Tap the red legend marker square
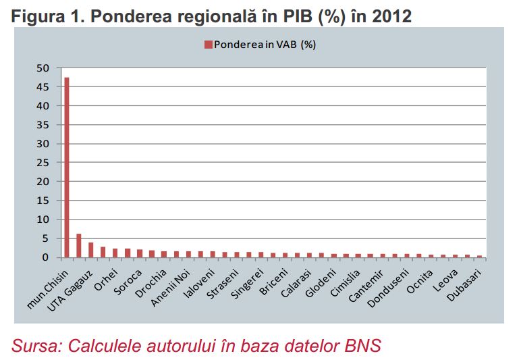pyautogui.click(x=209, y=45)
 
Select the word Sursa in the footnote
pyautogui.click(x=34, y=346)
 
